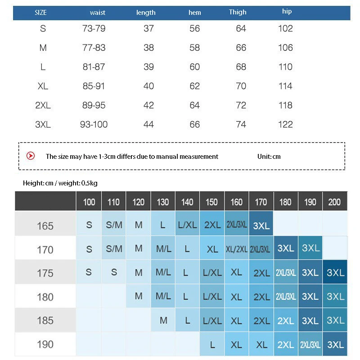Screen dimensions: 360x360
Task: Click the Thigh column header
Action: [238, 12]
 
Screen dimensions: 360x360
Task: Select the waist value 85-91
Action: [94, 86]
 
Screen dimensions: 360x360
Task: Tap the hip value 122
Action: [285, 125]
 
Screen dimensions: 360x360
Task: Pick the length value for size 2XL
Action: [148, 105]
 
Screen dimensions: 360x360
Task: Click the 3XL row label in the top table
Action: [43, 125]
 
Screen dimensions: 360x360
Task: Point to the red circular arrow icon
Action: [31, 156]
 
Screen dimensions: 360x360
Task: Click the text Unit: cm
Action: [270, 157]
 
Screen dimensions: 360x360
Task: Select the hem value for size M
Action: [194, 48]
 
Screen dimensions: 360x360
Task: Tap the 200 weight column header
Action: [334, 202]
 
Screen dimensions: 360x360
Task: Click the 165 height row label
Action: [45, 226]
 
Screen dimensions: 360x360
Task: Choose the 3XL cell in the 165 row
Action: [261, 225]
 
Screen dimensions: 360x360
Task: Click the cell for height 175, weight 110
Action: [113, 273]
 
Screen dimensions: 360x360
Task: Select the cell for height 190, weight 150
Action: [212, 345]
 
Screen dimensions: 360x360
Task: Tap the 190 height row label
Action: [45, 345]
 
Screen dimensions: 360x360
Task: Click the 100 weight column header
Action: [89, 202]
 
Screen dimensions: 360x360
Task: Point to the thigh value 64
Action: [241, 29]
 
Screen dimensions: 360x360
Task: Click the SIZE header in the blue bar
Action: [40, 13]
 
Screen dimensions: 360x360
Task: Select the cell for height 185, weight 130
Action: [163, 321]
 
